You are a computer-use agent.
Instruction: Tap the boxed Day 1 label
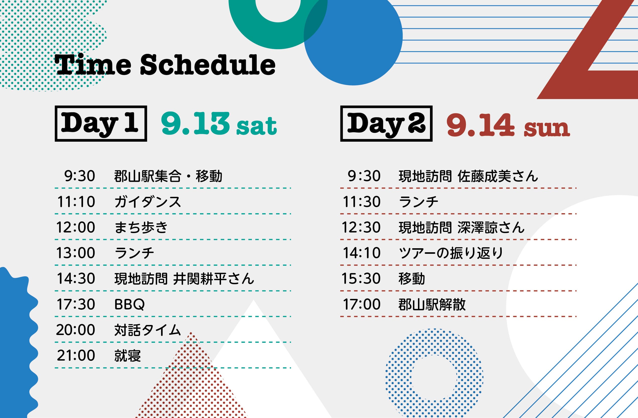coord(101,124)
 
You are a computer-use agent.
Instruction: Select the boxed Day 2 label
coord(386,124)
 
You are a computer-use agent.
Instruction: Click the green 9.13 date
coord(195,124)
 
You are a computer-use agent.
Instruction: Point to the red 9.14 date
coord(480,125)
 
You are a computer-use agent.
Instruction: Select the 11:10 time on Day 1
coord(76,202)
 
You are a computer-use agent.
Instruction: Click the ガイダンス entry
coord(148,202)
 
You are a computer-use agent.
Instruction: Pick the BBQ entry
coord(129,304)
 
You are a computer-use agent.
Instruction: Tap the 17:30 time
coord(76,304)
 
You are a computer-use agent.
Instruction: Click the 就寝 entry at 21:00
coord(128,356)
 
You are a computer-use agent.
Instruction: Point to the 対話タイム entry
coord(148,330)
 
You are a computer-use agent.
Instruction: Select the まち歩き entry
coord(141,227)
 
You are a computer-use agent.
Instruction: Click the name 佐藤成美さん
coord(498,176)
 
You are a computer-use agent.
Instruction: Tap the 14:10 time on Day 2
coord(362,253)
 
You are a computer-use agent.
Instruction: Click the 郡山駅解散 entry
coord(432,304)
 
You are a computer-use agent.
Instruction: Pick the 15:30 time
coord(361,279)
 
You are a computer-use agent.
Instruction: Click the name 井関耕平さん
coord(214,279)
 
